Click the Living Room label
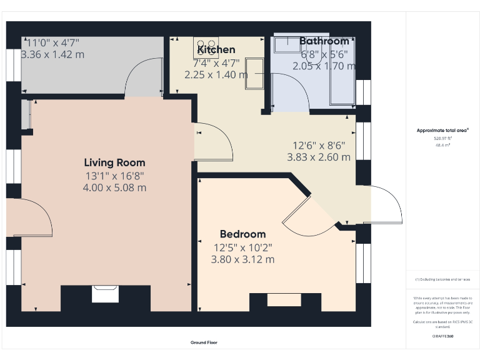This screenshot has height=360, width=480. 114,163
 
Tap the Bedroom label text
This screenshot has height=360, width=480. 242,234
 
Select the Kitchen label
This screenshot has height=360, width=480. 216,50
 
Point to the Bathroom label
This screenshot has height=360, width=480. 324,42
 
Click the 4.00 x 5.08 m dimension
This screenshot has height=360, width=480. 114,187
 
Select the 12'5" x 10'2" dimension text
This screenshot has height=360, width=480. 242,247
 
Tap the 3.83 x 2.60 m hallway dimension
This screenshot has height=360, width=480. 318,157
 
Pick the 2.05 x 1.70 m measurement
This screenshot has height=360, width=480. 324,66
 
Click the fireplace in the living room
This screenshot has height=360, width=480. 105,294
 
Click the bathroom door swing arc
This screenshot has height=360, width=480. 294,94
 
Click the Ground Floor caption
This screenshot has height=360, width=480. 204,342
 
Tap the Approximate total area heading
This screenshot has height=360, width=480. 442,131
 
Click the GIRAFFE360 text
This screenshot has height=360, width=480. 442,336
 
